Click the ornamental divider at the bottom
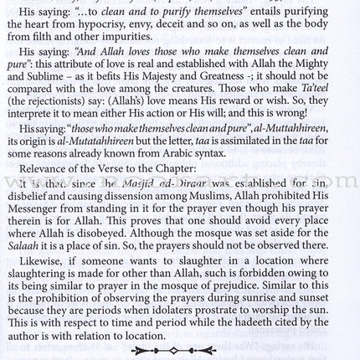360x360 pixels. [180, 349]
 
